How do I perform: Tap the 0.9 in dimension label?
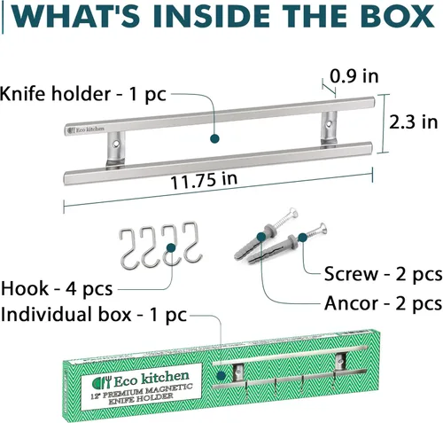354,76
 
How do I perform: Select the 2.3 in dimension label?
413,121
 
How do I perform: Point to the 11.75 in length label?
204,181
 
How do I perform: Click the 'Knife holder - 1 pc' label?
83,94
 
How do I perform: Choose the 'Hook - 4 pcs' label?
57,289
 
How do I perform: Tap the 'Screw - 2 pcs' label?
383,274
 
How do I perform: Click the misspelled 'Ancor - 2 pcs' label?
383,303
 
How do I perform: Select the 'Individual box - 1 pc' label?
94,315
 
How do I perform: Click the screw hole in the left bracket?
116,144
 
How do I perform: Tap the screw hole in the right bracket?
329,123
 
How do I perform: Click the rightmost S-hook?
192,242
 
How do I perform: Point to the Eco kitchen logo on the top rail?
86,129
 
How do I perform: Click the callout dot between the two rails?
214,138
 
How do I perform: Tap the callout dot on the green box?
221,376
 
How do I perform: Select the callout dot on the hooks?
171,247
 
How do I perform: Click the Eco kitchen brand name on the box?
152,379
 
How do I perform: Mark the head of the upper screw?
292,213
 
